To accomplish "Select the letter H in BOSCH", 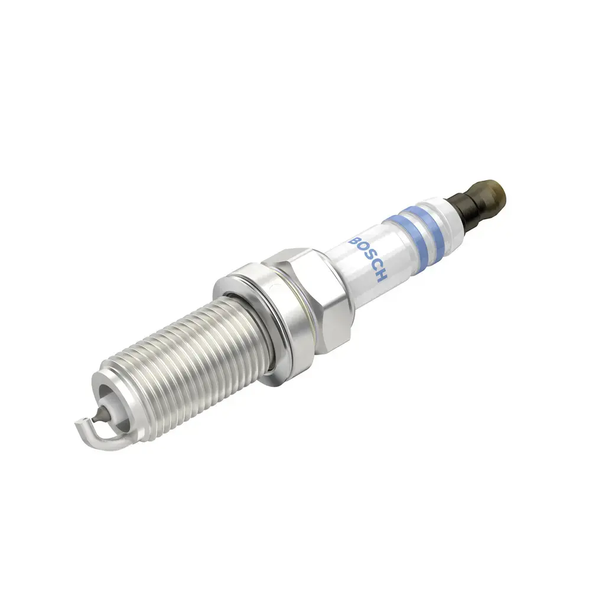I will [x=381, y=277].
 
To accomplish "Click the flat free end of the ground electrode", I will [x=79, y=422].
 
